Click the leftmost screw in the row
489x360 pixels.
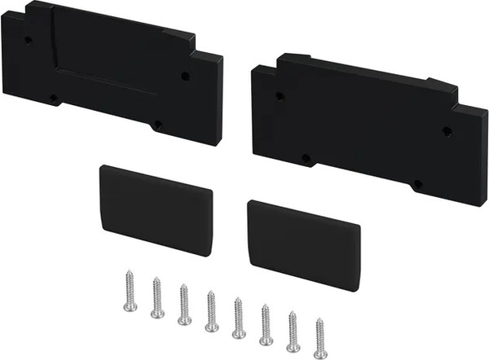130,292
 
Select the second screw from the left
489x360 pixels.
157,298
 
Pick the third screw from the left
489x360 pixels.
184,305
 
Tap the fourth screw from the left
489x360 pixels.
211,311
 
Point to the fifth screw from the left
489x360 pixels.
238,318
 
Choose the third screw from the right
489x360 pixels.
266,324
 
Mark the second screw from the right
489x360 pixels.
293,331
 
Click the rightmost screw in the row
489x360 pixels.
319,338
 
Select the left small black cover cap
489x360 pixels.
155,209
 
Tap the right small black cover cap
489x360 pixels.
303,244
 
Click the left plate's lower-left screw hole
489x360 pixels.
54,98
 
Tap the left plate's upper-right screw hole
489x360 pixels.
185,76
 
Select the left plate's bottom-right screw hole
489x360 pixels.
157,125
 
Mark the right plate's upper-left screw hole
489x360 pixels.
280,96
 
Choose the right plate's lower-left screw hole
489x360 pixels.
306,158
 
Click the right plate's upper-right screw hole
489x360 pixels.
447,131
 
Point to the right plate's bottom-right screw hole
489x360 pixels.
417,184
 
